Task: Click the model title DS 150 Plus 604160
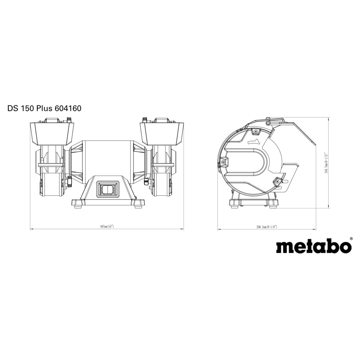pos(44,108)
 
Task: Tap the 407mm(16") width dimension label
pos(107,226)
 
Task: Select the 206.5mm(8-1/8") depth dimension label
pos(267,227)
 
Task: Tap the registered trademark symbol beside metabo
pos(351,239)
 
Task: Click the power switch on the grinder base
pos(107,189)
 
